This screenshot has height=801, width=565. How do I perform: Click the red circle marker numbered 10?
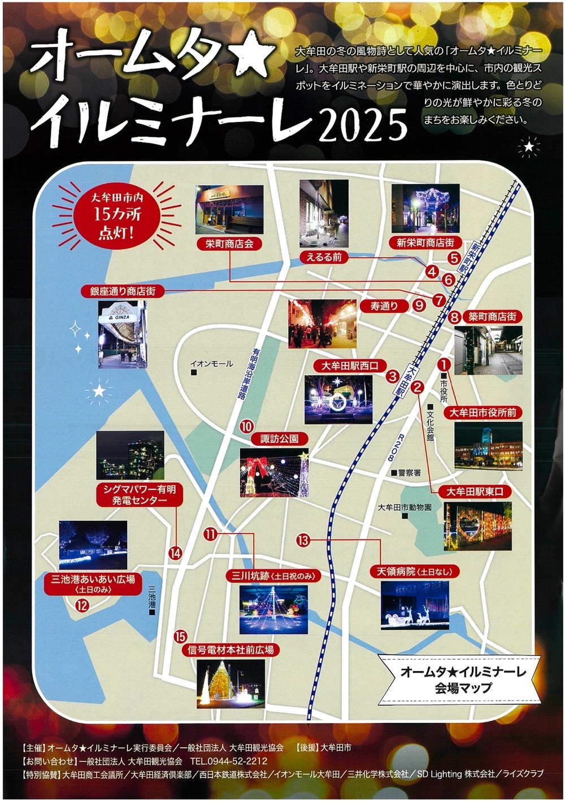246,427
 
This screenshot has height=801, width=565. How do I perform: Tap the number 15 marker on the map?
180,636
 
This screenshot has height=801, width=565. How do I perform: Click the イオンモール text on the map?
211,364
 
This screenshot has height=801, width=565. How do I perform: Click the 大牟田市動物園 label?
405,508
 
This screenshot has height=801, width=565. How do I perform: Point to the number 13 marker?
303,540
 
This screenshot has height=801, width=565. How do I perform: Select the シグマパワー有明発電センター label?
140,495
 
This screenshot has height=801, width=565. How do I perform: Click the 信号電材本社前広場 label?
231,650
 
